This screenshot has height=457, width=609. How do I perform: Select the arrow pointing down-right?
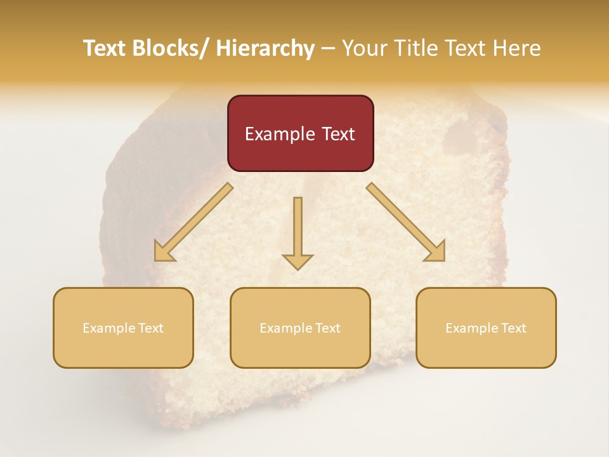(x=406, y=223)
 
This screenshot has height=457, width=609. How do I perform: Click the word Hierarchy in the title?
(x=265, y=49)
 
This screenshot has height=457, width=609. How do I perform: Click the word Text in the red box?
(x=337, y=135)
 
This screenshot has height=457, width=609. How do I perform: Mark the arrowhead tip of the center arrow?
(x=298, y=270)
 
